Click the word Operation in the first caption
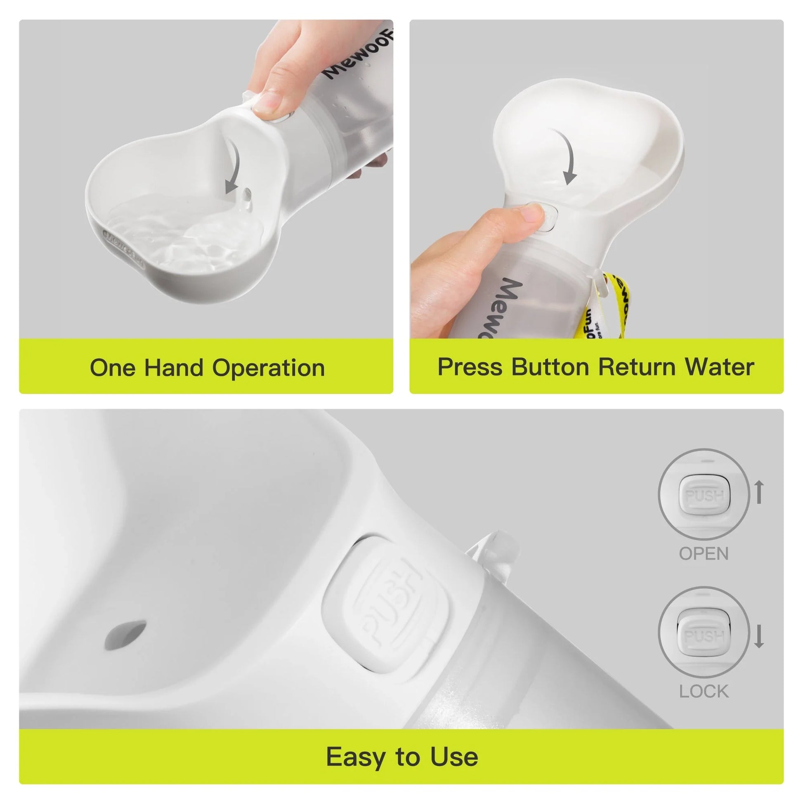269,368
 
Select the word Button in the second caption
550,367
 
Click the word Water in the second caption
719,367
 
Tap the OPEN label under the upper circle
704,554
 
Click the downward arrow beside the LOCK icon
759,636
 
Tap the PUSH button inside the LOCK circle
704,636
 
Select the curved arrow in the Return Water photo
567,156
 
